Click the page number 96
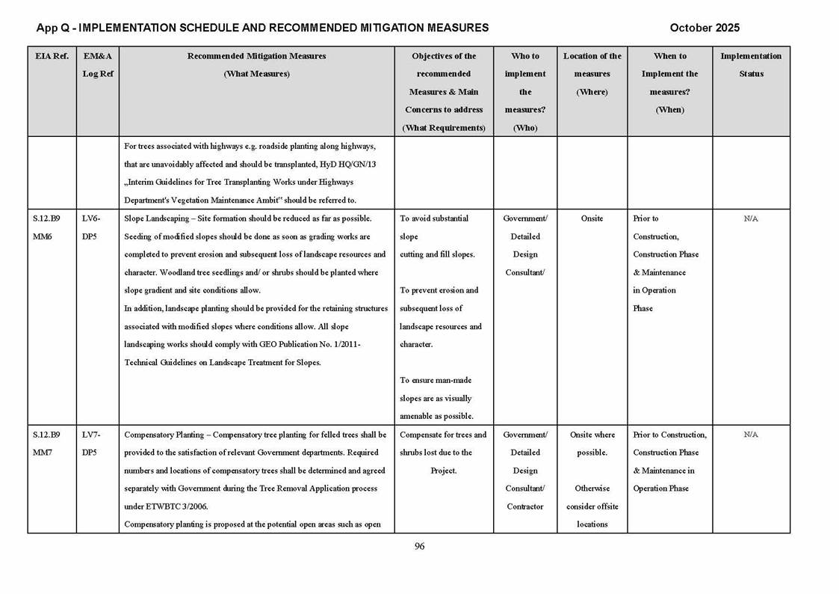(x=419, y=546)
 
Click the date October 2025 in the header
(x=704, y=28)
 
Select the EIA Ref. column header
(x=52, y=56)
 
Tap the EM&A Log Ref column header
(x=97, y=65)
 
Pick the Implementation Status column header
(x=750, y=65)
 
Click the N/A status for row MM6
(x=751, y=218)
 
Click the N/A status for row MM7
(x=751, y=435)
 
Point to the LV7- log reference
(x=91, y=435)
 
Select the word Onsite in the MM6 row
(x=592, y=218)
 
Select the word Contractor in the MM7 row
(x=525, y=506)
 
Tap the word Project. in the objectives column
(x=443, y=471)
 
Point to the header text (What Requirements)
(x=444, y=128)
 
